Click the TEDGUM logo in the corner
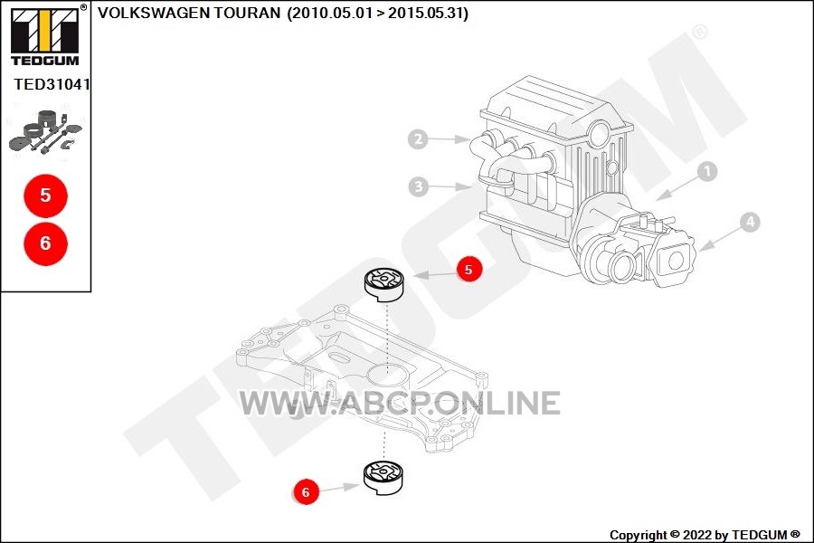point(45,35)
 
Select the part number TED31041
point(52,84)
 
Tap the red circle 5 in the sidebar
point(46,195)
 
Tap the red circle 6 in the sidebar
point(46,243)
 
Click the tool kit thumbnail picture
point(46,130)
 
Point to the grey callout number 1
point(706,171)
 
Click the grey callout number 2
point(418,138)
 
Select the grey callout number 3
point(419,186)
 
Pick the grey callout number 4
point(750,223)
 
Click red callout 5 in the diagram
point(469,269)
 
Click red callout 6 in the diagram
point(306,491)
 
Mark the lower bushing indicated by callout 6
point(383,477)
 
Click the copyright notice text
point(705,535)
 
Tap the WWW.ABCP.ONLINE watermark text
point(400,404)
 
